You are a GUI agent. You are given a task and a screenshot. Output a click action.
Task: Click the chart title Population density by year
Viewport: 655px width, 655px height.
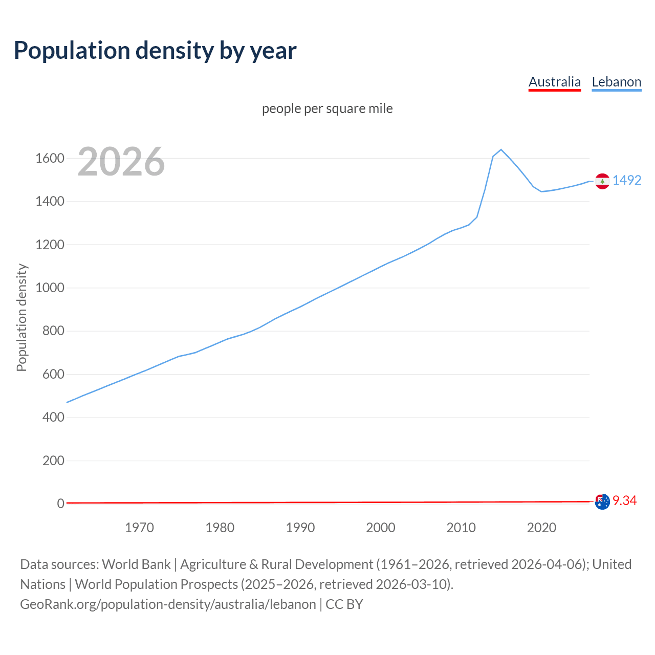tap(155, 50)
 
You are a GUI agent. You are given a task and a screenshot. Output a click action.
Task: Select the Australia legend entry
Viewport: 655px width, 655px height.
tap(555, 82)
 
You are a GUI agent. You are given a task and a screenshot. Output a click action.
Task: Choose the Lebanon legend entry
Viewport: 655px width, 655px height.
tap(616, 82)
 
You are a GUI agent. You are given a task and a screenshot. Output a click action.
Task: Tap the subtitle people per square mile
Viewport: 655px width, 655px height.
tap(327, 108)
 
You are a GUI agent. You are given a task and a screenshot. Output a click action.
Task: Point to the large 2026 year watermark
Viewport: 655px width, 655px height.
tap(121, 162)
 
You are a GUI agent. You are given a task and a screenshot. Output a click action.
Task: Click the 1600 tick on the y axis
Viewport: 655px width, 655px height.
tap(50, 158)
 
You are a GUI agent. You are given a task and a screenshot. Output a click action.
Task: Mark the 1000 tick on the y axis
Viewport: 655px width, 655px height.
tap(50, 288)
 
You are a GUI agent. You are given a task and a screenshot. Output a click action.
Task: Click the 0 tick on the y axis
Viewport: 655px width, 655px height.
tap(60, 504)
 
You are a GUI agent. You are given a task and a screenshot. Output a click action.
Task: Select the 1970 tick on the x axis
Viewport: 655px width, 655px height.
tap(139, 528)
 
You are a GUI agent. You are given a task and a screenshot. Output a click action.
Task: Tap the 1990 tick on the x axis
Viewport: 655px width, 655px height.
tap(300, 528)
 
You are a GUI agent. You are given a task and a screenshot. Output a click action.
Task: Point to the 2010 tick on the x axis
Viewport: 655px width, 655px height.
tap(461, 528)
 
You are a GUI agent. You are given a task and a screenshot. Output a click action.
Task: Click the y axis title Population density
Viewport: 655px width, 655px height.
tap(21, 317)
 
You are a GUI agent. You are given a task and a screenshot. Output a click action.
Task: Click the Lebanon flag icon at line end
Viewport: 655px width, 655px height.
tap(602, 181)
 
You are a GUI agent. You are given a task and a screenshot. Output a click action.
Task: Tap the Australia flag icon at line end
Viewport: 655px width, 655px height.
tap(602, 501)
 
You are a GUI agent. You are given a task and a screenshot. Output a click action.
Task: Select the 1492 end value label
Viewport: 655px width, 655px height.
tap(627, 180)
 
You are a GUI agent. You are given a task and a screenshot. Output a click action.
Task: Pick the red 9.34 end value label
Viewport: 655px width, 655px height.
tap(624, 500)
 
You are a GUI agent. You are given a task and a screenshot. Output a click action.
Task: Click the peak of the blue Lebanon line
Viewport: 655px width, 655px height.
tap(501, 149)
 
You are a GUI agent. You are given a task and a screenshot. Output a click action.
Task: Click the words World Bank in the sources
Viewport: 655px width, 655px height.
tap(136, 564)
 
